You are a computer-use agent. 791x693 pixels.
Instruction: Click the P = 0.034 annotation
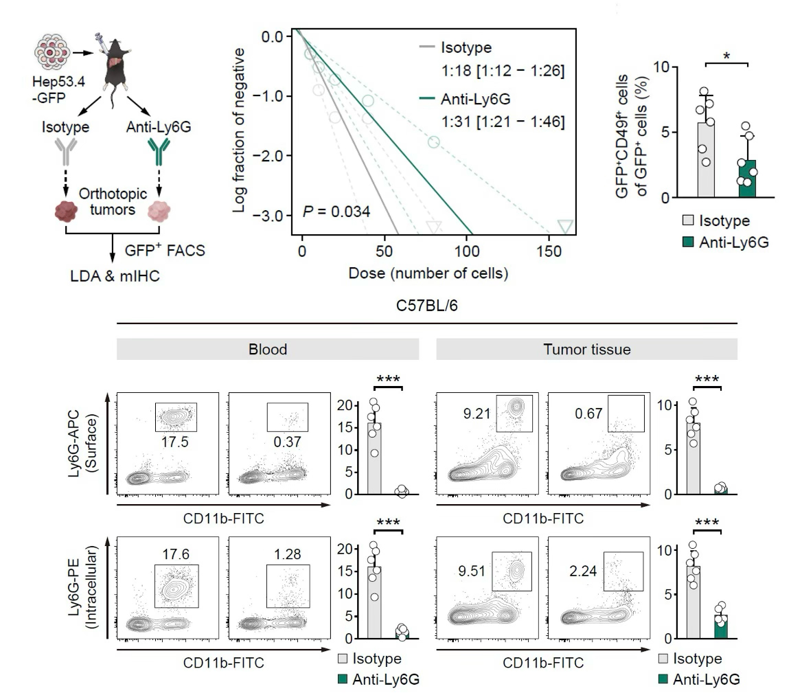pyautogui.click(x=336, y=210)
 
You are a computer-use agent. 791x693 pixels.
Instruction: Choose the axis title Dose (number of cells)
pyautogui.click(x=428, y=273)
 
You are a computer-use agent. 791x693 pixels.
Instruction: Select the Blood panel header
pyautogui.click(x=268, y=350)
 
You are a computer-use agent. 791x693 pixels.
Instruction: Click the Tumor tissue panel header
pyautogui.click(x=586, y=350)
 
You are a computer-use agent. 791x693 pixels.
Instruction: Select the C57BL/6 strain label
pyautogui.click(x=427, y=306)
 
